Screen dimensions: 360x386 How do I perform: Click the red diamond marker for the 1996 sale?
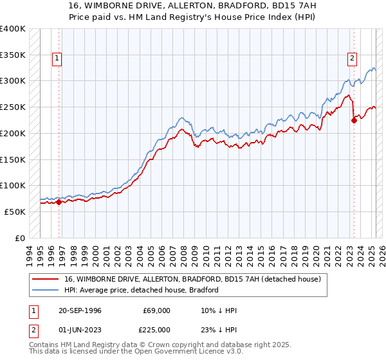coord(59,202)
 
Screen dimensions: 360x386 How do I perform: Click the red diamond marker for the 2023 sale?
coord(354,120)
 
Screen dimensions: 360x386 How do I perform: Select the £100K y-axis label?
coord(13,185)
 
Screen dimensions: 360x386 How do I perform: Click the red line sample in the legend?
coord(46,279)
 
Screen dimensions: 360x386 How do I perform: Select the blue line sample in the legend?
coord(46,290)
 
